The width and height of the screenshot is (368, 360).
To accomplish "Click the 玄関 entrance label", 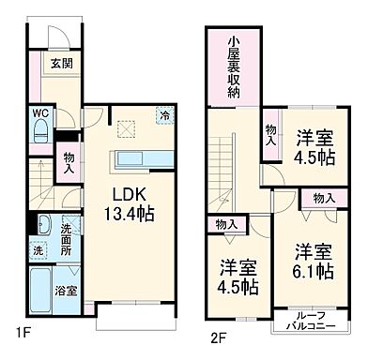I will (62, 65).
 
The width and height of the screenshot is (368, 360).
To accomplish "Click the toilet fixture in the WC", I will (41, 134).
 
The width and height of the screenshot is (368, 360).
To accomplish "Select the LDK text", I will (131, 194).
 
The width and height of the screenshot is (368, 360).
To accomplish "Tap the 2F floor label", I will (218, 335).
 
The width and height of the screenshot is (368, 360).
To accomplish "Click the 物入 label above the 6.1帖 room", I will (322, 198).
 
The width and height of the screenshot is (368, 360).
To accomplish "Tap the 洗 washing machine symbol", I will (38, 250).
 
